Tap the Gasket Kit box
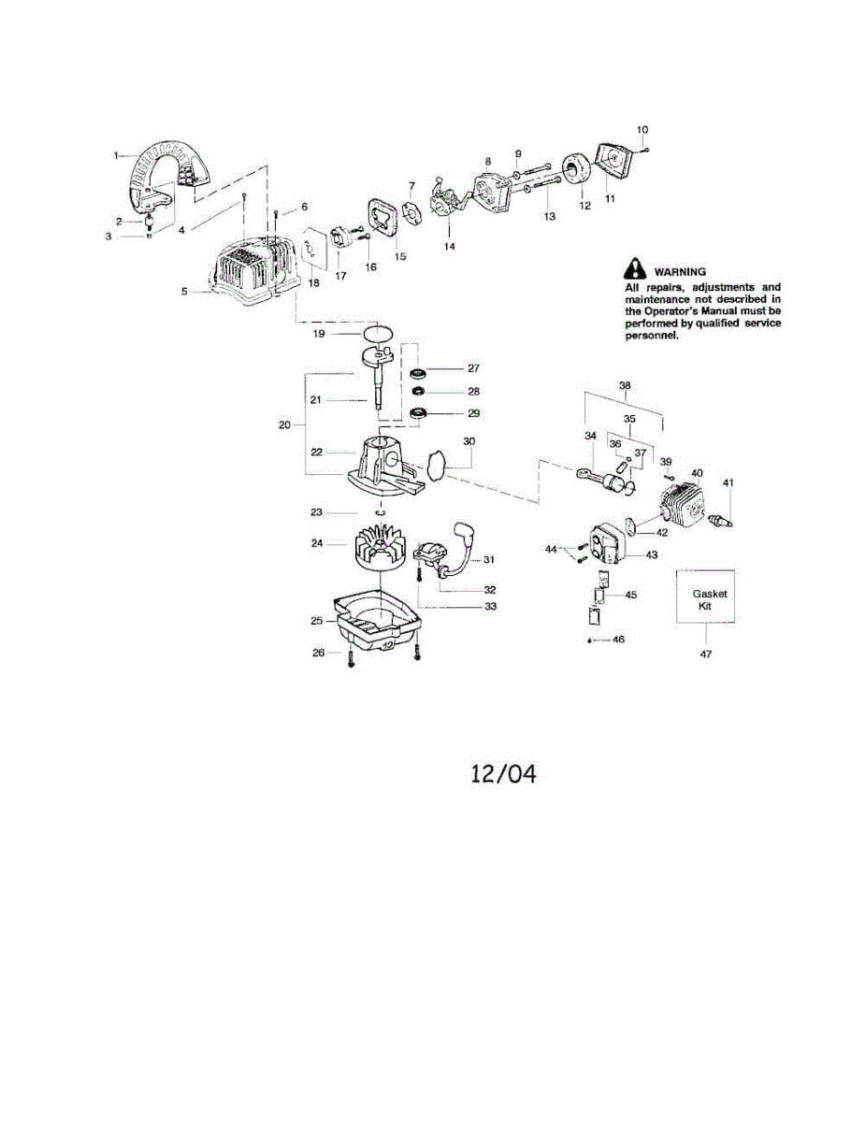[705, 597]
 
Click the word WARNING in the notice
[680, 271]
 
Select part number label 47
[706, 654]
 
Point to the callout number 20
[284, 424]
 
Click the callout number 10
[642, 130]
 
